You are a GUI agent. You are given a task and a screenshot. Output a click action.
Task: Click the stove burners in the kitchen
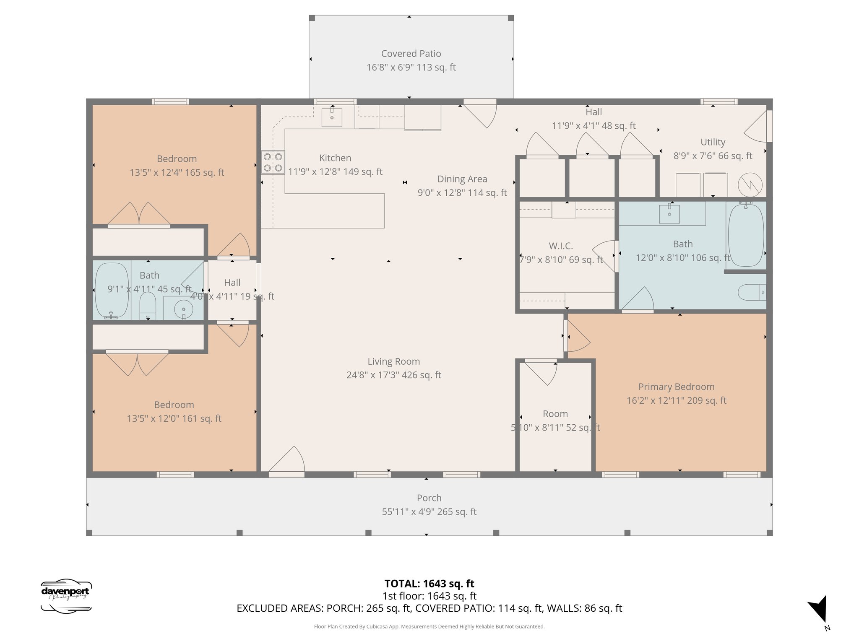[273, 162]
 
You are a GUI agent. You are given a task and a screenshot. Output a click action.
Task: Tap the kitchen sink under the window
[332, 117]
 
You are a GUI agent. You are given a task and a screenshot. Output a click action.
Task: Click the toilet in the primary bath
[751, 292]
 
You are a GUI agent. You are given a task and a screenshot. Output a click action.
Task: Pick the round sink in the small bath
[183, 310]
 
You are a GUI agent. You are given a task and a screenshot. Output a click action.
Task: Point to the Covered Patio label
[411, 54]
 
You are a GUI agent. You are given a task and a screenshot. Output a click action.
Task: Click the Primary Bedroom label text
[676, 387]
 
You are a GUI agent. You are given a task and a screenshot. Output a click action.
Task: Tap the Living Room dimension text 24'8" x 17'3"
[393, 375]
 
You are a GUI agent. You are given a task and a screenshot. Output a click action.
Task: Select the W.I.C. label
[561, 246]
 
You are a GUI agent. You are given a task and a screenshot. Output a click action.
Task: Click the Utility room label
[713, 142]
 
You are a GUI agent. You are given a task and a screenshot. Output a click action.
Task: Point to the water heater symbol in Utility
[750, 185]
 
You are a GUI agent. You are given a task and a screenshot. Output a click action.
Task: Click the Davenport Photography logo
[66, 596]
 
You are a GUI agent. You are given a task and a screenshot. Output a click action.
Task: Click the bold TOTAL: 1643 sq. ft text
[429, 584]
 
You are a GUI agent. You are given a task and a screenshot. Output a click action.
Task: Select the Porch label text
[429, 498]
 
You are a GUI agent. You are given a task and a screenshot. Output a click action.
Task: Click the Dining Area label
[462, 179]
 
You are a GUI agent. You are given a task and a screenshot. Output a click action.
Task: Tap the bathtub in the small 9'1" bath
[112, 291]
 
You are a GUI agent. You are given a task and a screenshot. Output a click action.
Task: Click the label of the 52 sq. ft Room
[555, 414]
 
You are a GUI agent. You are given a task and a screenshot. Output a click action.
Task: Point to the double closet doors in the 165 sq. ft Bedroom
[139, 215]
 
